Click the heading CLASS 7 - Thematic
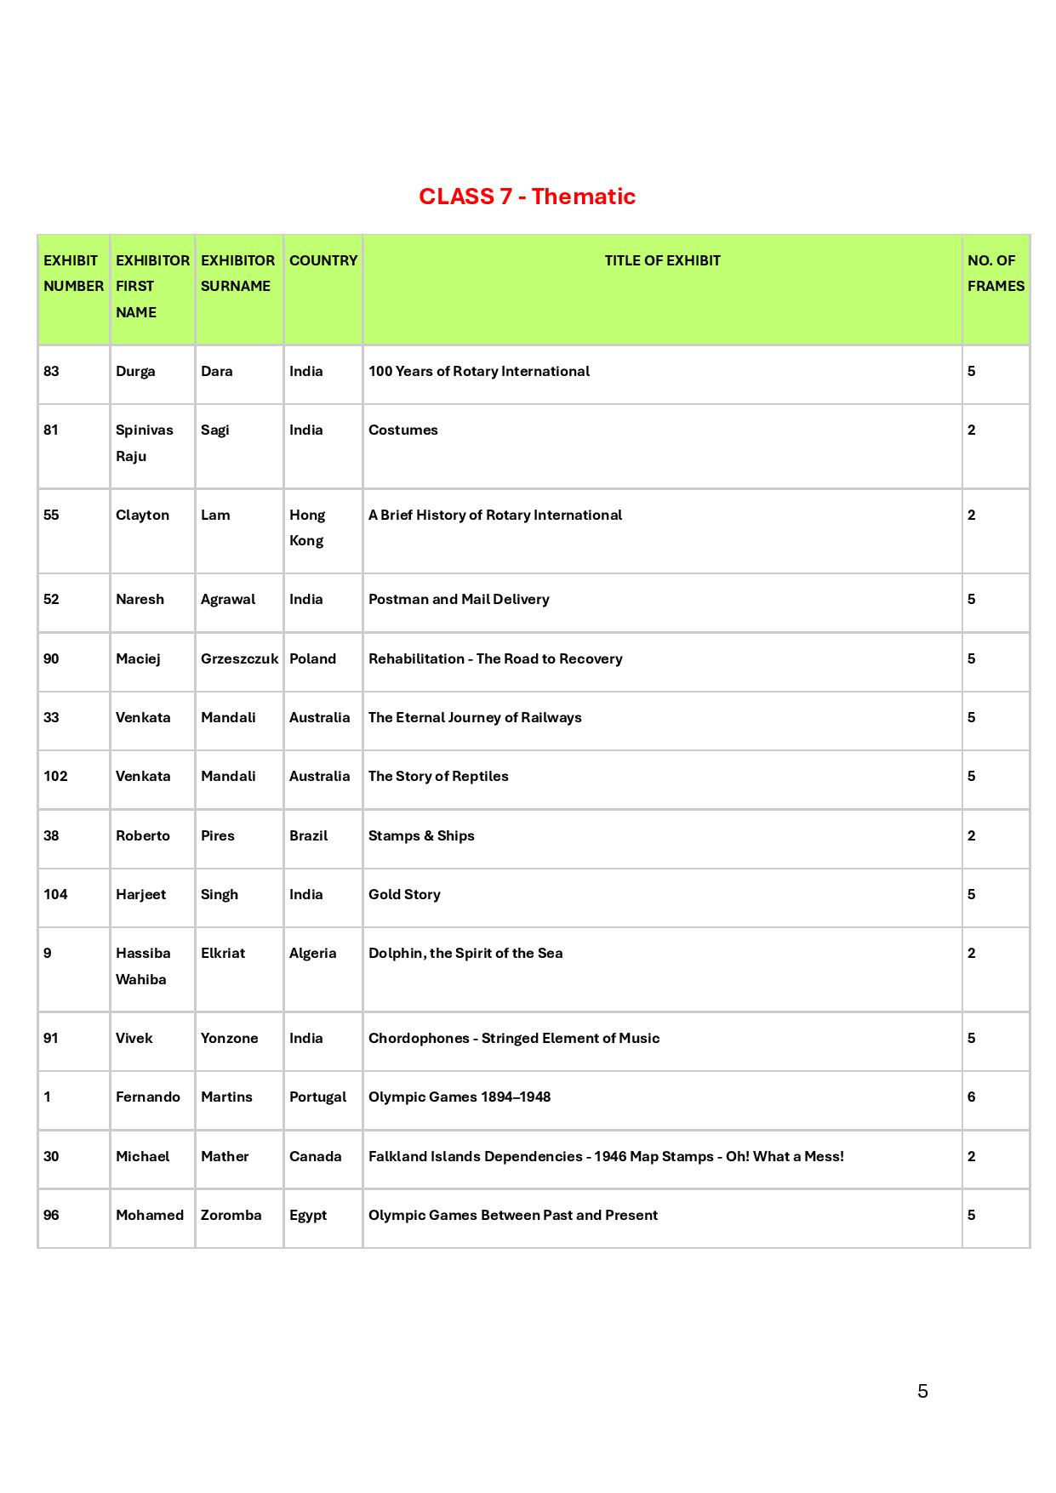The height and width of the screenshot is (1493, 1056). (x=527, y=197)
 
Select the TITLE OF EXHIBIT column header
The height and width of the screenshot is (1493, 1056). (x=662, y=260)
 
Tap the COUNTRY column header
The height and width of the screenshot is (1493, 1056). (x=323, y=260)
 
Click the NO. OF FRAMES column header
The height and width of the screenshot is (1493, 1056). (x=995, y=273)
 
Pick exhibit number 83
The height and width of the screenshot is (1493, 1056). (x=52, y=371)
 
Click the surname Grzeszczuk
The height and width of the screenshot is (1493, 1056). (x=239, y=658)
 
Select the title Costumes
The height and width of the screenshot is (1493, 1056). (x=403, y=430)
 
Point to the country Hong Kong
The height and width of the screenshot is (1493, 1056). (x=306, y=527)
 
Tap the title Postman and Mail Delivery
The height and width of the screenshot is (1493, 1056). (x=459, y=599)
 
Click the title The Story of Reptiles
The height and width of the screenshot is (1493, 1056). (x=438, y=776)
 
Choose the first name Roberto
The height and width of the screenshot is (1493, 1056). (x=143, y=835)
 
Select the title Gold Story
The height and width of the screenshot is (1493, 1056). (x=404, y=894)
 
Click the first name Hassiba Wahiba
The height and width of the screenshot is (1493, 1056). (x=142, y=966)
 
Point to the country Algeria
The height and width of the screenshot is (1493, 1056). (x=312, y=953)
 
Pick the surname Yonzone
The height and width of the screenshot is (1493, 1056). (x=229, y=1038)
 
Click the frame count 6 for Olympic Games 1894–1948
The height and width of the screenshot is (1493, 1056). (x=971, y=1097)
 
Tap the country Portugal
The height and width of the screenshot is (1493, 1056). (x=317, y=1097)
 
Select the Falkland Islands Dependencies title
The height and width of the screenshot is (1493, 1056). (x=606, y=1156)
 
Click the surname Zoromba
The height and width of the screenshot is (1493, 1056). (x=231, y=1215)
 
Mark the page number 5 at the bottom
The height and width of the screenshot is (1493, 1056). (x=922, y=1391)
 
